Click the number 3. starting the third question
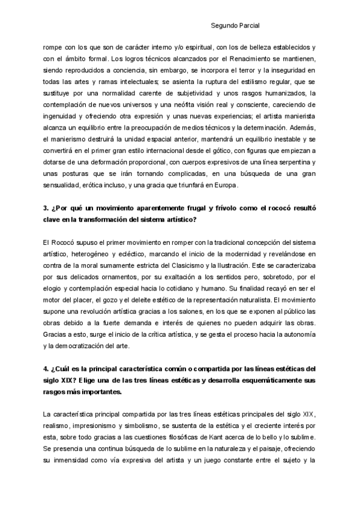pos(46,208)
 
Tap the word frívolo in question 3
pos(208,208)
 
